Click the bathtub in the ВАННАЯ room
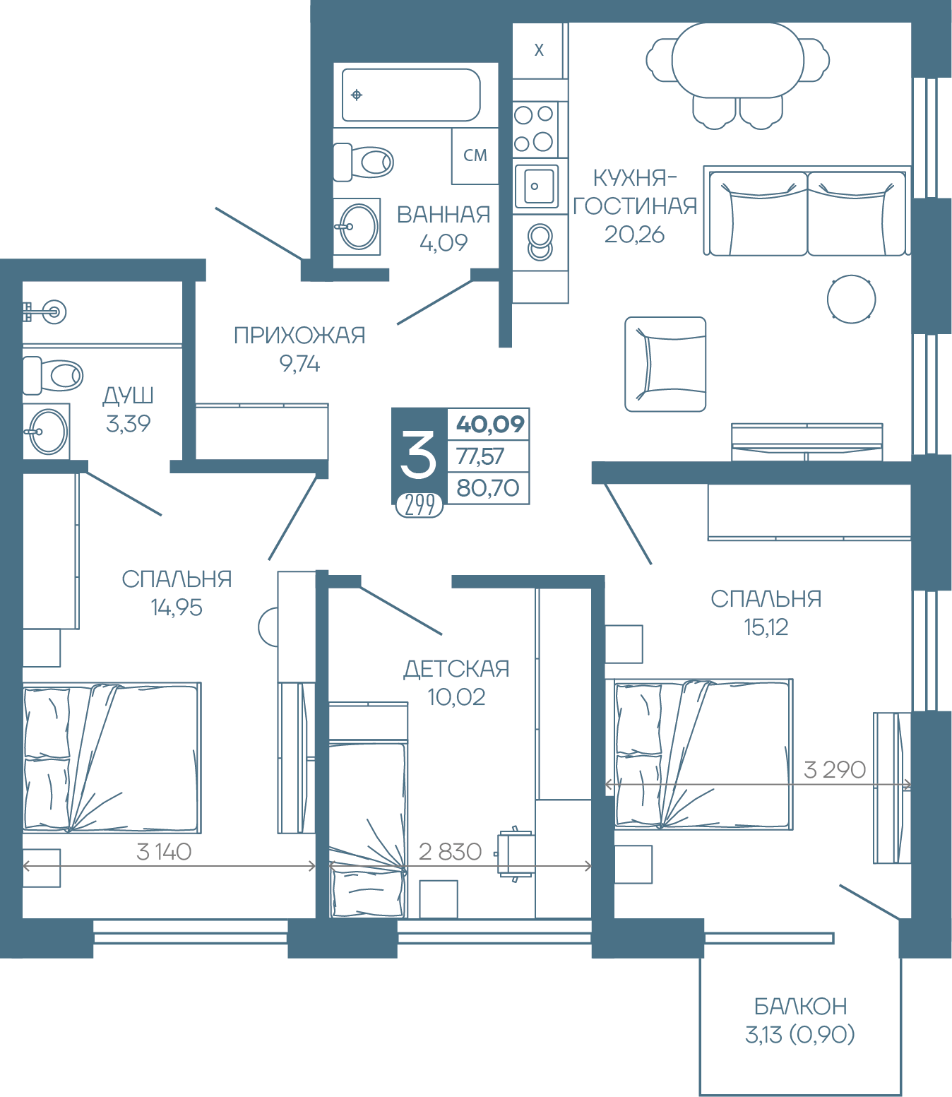pos(411,95)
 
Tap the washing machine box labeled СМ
pos(475,155)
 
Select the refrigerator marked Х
pos(539,50)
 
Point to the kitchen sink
pos(537,186)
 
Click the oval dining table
pos(737,60)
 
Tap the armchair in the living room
pos(665,364)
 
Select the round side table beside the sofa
pos(851,300)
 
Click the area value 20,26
pos(634,235)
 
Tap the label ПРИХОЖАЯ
pos(299,336)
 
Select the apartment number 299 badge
pos(420,505)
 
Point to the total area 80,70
pos(488,488)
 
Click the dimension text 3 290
pos(835,770)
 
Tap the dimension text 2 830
pos(450,851)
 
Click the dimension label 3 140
pos(163,851)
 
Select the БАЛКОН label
pos(800,1007)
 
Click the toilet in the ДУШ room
pos(52,375)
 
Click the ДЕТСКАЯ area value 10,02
pos(456,697)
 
